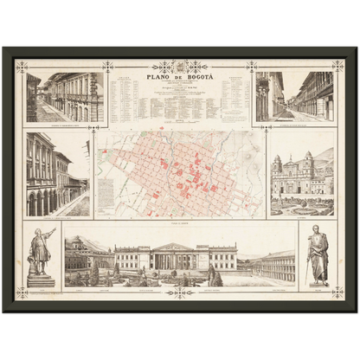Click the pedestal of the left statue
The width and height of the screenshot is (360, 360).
[40, 279]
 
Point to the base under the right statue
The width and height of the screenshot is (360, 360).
[318, 282]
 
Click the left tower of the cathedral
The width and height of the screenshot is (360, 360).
[278, 166]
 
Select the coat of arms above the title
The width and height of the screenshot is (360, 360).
[180, 65]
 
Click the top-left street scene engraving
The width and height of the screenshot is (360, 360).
[64, 97]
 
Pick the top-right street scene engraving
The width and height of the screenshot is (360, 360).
[294, 97]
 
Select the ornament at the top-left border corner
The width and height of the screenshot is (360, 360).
[22, 65]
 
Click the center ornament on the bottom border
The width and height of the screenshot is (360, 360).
[180, 292]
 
